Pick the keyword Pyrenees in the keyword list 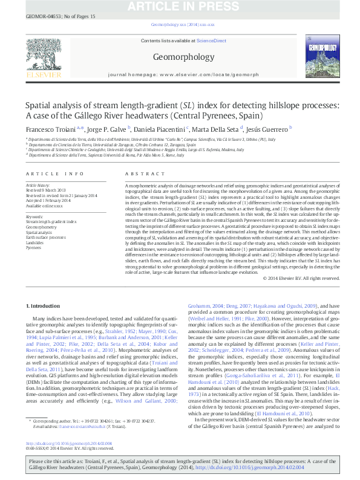(34, 248)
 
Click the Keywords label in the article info (35, 216)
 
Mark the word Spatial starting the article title (40, 105)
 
